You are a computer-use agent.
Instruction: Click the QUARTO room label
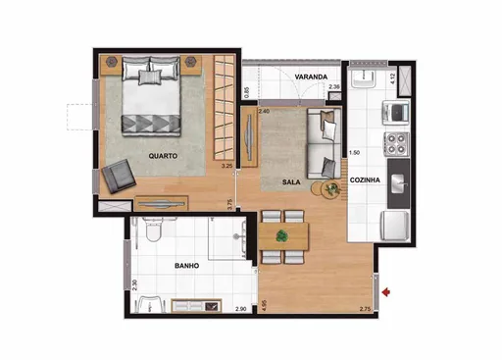point(163,156)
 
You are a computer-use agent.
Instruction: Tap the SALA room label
point(292,182)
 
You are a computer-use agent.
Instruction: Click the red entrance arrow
point(391,291)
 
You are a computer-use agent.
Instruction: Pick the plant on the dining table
point(284,235)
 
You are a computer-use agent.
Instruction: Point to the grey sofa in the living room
point(325,142)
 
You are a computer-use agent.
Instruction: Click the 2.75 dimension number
point(365,310)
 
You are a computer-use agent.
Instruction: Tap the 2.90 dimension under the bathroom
point(241,310)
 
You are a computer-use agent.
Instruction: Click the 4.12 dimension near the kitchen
point(391,77)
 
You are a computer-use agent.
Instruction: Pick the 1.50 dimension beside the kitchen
point(355,153)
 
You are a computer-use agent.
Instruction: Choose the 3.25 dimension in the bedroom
point(226,166)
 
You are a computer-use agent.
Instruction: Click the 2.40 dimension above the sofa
point(264,112)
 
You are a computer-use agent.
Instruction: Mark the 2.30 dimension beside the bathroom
point(134,287)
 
